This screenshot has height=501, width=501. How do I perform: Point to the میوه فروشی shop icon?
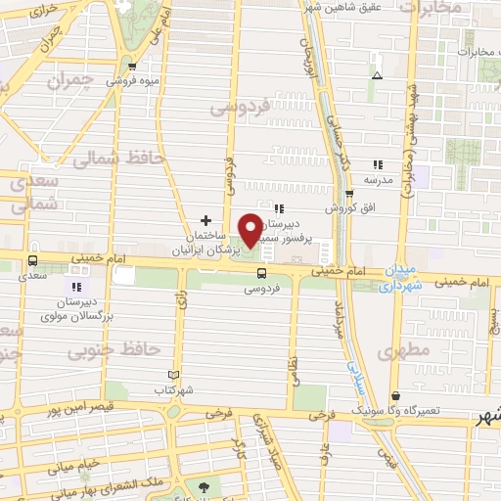coord(132,67)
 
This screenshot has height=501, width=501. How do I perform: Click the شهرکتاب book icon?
coord(174,375)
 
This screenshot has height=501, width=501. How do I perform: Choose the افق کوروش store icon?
coord(349,194)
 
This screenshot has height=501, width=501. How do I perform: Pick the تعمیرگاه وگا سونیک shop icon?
coord(395,395)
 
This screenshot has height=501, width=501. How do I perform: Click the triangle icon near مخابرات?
coord(377,74)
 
